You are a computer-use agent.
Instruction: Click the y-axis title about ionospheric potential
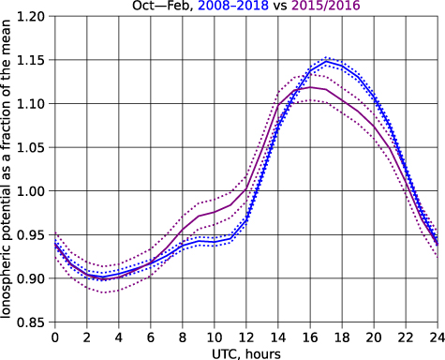point(7,171)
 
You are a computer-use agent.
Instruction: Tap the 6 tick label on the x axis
point(151,337)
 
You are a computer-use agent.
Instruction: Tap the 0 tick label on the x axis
point(55,337)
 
